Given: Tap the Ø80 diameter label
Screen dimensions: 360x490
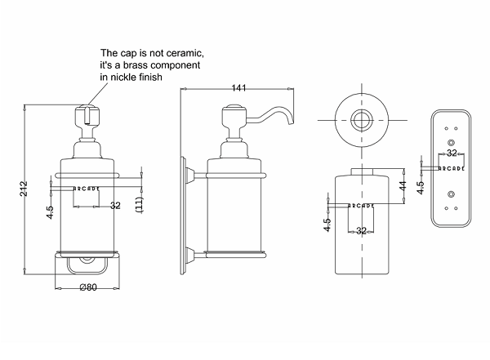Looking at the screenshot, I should tap(90, 287).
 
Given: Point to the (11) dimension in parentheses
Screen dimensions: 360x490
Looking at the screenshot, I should tap(140, 204).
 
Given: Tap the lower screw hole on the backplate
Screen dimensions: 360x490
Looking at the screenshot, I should tap(450, 194).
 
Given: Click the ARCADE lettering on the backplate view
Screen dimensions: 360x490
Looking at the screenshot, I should tap(450, 167).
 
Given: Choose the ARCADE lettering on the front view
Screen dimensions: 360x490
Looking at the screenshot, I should tap(87, 189).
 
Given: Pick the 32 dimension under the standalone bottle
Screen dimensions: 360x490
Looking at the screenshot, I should tap(361, 231).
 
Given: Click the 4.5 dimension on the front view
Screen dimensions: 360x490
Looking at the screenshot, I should tap(50, 211).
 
